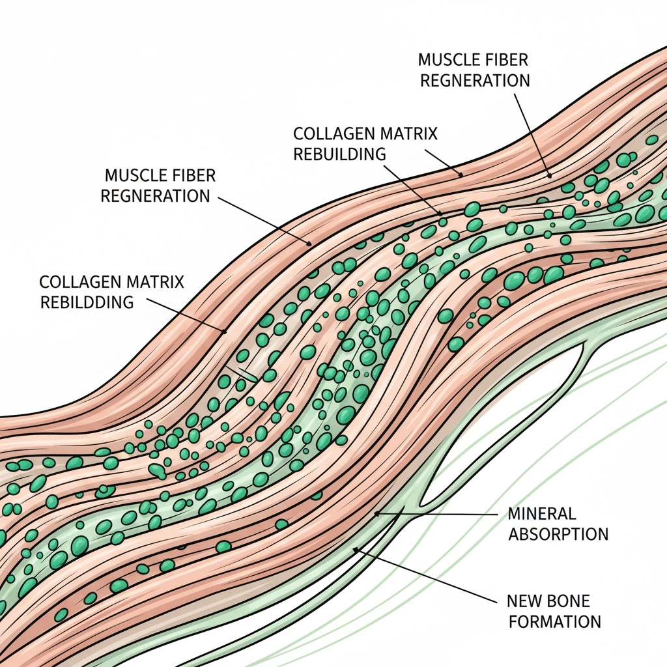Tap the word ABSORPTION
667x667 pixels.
point(558,535)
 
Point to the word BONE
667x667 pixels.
point(568,600)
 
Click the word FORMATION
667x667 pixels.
point(554,621)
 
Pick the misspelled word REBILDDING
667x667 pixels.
point(87,302)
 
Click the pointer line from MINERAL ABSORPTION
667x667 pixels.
point(443,513)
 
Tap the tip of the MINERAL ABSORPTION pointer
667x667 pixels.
point(376,514)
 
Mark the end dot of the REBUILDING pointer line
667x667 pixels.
point(441,212)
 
